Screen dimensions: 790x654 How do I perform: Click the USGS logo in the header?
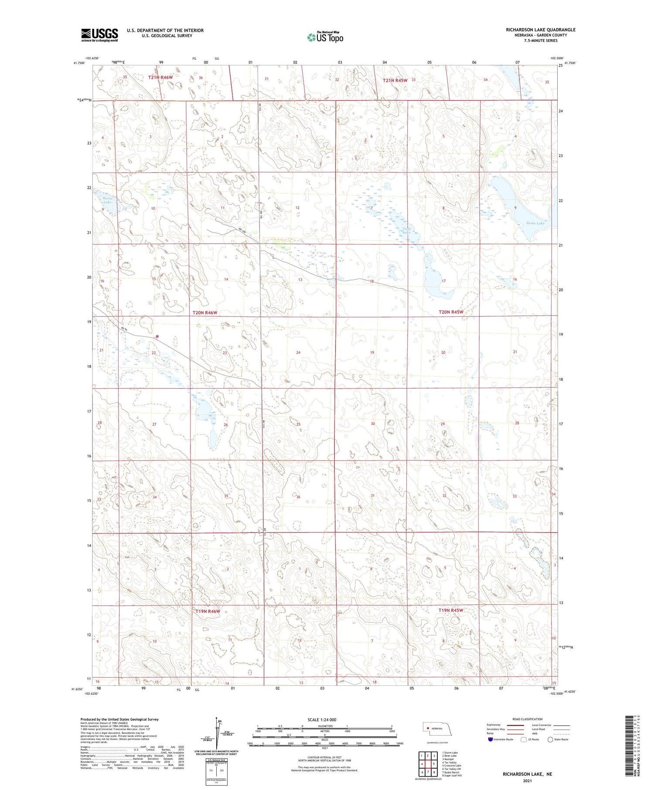99,35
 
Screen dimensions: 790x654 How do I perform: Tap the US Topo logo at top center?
325,37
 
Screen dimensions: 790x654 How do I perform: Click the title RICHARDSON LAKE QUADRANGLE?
540,30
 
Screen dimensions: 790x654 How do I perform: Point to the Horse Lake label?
107,200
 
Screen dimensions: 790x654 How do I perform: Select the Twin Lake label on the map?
406,231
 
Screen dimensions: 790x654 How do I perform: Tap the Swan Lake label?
535,223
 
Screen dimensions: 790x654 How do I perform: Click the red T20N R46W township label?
205,313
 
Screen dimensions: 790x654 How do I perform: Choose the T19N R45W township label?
451,610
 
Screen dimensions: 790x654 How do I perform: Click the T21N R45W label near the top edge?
395,80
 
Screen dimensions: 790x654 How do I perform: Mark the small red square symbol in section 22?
157,336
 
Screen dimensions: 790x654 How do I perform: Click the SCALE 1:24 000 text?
322,719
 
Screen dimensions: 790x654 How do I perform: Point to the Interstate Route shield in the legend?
490,739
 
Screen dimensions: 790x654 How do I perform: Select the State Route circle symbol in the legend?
550,739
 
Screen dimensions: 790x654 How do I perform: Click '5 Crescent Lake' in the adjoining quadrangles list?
452,765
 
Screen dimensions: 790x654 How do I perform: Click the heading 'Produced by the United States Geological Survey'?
119,719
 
